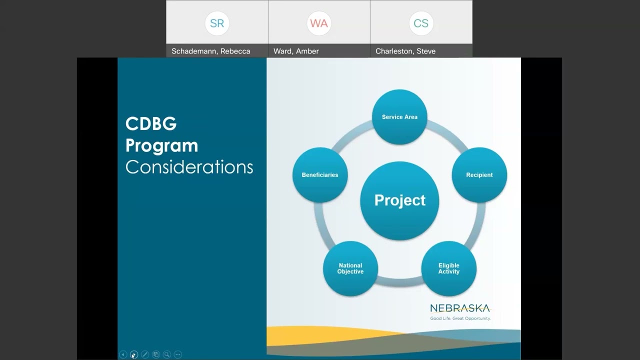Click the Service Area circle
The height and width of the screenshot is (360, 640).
pyautogui.click(x=399, y=117)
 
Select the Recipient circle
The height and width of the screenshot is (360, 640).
pyautogui.click(x=479, y=175)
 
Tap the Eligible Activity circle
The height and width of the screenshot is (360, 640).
pyautogui.click(x=448, y=268)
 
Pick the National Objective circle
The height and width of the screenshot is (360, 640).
pyautogui.click(x=350, y=268)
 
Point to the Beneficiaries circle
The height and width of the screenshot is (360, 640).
pyautogui.click(x=320, y=175)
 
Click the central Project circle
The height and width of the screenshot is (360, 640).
pyautogui.click(x=399, y=200)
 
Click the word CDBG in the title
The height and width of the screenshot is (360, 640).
pyautogui.click(x=151, y=124)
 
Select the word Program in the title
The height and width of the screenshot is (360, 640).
pyautogui.click(x=161, y=145)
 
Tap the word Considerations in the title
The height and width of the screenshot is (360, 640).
pyautogui.click(x=189, y=167)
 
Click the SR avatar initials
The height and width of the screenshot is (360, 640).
pyautogui.click(x=217, y=23)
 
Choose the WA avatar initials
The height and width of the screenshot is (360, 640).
pyautogui.click(x=319, y=23)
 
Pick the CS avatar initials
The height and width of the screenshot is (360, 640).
pyautogui.click(x=421, y=23)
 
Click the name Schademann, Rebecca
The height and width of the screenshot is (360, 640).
pyautogui.click(x=210, y=51)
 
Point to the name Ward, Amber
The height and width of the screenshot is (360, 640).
pyautogui.click(x=296, y=51)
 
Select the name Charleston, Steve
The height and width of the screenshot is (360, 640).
pyautogui.click(x=405, y=51)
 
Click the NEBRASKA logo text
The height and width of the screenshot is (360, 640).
pyautogui.click(x=460, y=308)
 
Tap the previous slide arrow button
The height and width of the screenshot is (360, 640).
pyautogui.click(x=123, y=354)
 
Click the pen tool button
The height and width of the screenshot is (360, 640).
pyautogui.click(x=145, y=354)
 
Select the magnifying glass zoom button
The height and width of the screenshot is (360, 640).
pyautogui.click(x=167, y=354)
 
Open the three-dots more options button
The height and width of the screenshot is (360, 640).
pyautogui.click(x=178, y=354)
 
